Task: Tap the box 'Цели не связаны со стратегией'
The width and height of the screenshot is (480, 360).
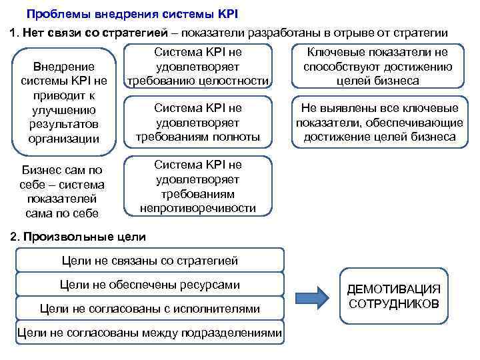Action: tap(149, 261)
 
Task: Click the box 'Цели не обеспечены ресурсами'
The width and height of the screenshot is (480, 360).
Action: tap(149, 285)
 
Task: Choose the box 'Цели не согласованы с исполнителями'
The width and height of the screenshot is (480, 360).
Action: tap(149, 309)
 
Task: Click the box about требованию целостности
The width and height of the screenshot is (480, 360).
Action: tap(198, 67)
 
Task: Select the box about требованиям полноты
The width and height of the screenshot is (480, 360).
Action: tap(198, 123)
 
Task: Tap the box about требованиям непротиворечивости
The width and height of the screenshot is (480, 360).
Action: tap(198, 187)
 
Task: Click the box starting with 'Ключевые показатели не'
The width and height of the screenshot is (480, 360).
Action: tap(377, 67)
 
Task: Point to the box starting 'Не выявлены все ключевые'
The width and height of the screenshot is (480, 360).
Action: tap(377, 123)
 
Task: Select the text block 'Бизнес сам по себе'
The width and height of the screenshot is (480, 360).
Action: tap(62, 191)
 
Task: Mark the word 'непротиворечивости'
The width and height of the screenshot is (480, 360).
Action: tap(198, 208)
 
